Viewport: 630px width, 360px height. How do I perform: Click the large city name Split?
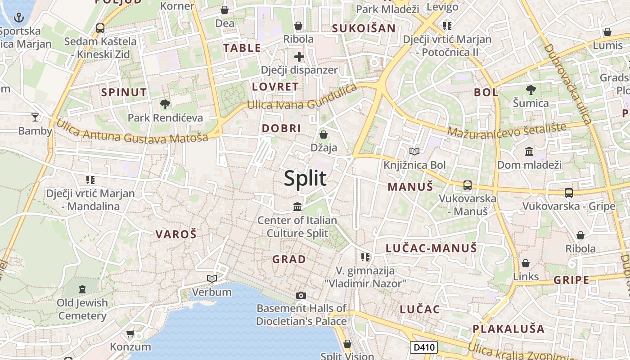(305, 179)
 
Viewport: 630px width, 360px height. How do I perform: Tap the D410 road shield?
(423, 347)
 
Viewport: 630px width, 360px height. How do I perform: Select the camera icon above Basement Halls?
(301, 295)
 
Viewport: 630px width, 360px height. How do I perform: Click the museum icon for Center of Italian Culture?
(297, 207)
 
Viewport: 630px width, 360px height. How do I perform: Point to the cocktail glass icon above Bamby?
(35, 118)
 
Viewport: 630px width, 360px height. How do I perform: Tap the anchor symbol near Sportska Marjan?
(19, 18)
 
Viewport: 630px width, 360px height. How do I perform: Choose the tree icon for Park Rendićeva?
(165, 104)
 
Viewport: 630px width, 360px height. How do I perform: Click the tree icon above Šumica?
(531, 90)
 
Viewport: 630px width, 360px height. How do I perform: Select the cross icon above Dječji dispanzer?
(299, 57)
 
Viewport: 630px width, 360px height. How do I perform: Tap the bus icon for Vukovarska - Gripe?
(569, 193)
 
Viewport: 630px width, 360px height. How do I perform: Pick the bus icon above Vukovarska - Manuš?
(468, 185)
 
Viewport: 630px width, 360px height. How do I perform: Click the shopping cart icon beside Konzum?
(130, 334)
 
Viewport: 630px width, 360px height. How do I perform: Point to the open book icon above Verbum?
(211, 279)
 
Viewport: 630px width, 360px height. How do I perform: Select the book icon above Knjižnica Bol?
(414, 152)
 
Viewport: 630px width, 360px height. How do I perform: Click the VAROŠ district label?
(176, 234)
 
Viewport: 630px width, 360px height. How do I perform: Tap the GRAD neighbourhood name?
(289, 259)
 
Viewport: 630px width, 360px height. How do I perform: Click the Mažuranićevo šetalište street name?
(507, 130)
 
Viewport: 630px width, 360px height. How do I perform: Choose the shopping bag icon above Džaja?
(323, 134)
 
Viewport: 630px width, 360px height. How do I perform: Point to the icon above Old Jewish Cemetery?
(82, 289)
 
